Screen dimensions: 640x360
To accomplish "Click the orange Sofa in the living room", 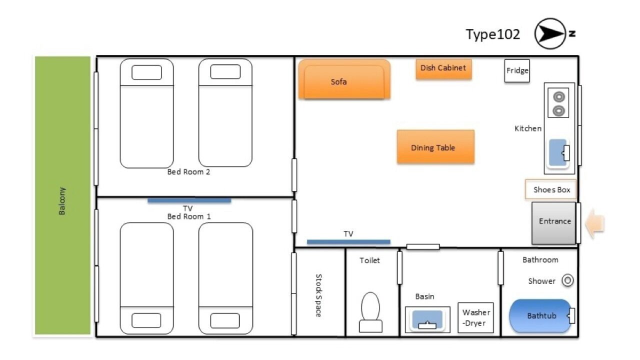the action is pos(344,79).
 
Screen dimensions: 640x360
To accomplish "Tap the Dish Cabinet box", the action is pos(443,69).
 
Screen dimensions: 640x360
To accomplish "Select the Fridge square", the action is pos(517,71).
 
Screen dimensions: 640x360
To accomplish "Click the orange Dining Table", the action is pos(435,147).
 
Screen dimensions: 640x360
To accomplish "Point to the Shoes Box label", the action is pos(551,189).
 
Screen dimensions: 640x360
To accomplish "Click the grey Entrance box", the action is pos(553,223).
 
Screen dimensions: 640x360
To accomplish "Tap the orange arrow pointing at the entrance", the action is pos(594,223).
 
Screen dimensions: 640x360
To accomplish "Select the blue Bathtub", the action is pos(540,316).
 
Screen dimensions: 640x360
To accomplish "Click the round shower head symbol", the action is pos(567,280).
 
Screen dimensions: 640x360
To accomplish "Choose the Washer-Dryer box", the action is pos(475,317).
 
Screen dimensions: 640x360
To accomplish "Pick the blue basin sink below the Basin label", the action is pos(427,319).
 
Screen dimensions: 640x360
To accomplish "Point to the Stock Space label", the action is pos(318,295).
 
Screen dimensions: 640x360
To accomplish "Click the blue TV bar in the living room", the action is pos(348,242).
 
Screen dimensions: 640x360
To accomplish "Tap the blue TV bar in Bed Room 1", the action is pos(189,200).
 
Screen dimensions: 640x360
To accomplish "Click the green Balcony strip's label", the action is pos(62,201).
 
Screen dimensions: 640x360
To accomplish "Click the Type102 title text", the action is pos(493,34).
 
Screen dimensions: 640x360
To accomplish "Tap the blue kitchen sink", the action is pos(558,153).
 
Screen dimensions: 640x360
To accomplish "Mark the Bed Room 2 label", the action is pos(188,172).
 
